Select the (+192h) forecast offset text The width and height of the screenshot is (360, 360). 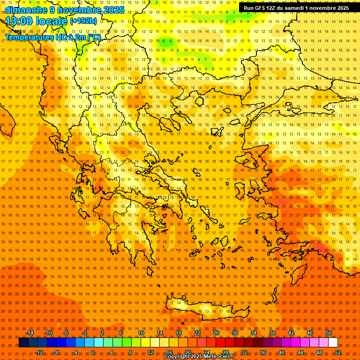[83, 21]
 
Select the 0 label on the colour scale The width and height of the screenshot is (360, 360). [93, 352]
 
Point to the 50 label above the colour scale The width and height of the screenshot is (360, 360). [328, 333]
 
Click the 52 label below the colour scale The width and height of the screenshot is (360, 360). [338, 352]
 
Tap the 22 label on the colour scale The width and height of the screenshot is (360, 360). [197, 333]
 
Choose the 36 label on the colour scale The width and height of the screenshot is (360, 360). [263, 352]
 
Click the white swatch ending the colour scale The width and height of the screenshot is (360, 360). [333, 343]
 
